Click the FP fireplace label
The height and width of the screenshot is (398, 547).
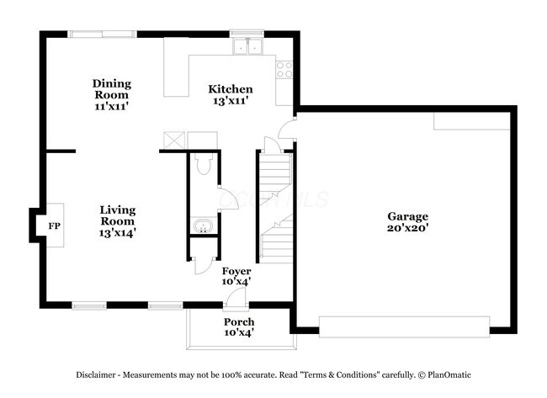55,226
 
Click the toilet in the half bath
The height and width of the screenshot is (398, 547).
202,163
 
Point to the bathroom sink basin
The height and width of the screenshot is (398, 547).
202,226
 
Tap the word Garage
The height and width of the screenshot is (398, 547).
407,215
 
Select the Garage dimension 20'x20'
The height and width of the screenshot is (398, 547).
407,228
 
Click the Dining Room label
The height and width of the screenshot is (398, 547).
111,89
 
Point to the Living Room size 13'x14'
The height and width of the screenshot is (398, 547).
118,231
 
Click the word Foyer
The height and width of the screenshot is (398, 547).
236,271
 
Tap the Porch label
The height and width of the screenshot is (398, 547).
239,322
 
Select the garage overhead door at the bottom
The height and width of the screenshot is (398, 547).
404,326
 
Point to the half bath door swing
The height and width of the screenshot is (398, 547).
226,200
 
